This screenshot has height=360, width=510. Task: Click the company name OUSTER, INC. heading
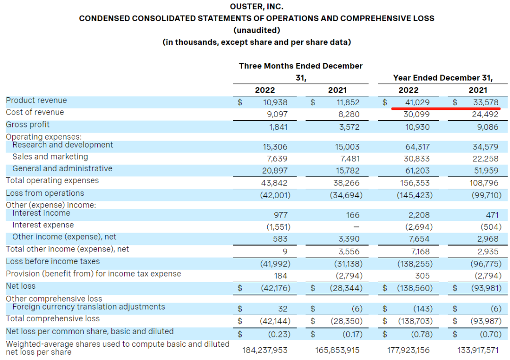[256, 7]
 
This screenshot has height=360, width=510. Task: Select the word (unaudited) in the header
[256, 30]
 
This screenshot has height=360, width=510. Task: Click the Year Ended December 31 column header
[442, 78]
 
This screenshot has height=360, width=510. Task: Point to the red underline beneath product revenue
[446, 108]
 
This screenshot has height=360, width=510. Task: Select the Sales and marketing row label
[50, 157]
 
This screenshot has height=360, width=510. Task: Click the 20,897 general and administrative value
[276, 171]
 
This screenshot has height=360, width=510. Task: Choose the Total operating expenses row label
[52, 180]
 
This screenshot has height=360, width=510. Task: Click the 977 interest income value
[282, 215]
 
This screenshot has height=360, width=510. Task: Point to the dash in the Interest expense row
[357, 227]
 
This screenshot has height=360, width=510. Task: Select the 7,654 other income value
[419, 239]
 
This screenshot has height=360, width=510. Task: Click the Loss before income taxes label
[53, 261]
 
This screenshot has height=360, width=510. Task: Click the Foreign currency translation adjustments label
[89, 307]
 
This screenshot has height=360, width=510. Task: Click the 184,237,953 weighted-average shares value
[265, 350]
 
